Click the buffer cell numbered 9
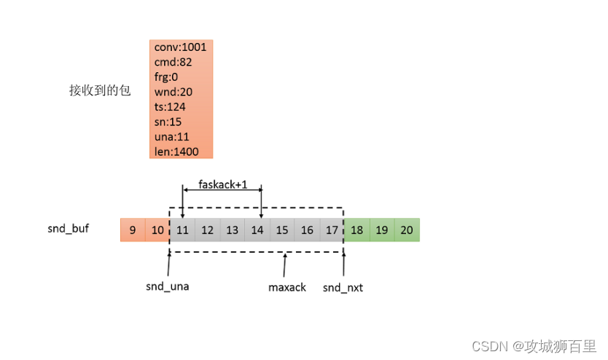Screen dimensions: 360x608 [133, 230]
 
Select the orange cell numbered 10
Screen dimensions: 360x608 [157, 230]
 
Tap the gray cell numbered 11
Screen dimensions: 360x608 [182, 230]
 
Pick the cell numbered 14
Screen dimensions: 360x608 [257, 230]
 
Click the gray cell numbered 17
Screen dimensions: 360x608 [332, 230]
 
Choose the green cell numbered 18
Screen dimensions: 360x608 [357, 230]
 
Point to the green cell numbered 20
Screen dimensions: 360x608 [407, 230]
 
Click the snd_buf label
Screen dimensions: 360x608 [69, 228]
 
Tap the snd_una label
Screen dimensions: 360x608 [168, 286]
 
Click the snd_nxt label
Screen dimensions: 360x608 [343, 287]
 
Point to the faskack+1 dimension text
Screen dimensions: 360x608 [223, 184]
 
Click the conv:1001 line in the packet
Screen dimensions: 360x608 [180, 47]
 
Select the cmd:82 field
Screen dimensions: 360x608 [173, 62]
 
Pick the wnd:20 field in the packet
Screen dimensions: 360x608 [174, 92]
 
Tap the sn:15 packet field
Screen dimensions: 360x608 [168, 122]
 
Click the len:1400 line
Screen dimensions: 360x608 [176, 152]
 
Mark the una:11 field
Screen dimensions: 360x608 [171, 136]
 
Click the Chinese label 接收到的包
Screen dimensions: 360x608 [100, 90]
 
